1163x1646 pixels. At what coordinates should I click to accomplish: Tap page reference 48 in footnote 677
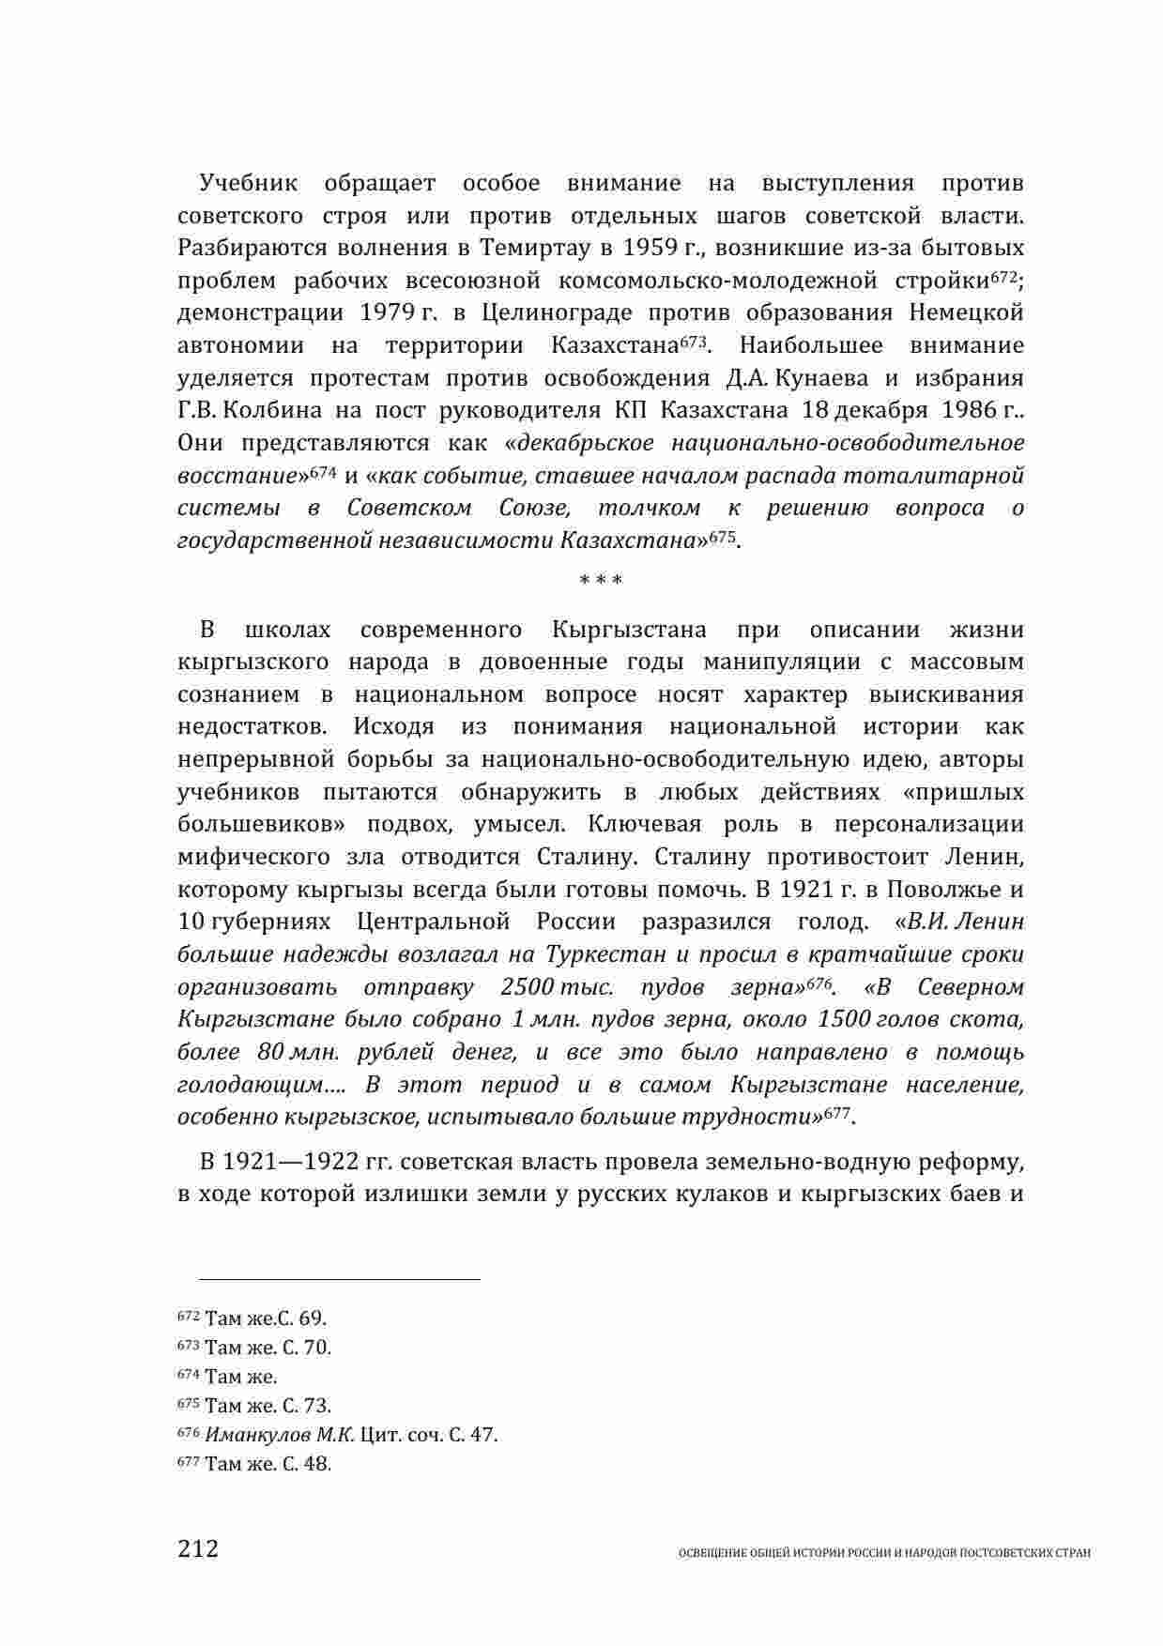point(316,1464)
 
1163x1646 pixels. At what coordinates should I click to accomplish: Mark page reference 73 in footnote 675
point(316,1406)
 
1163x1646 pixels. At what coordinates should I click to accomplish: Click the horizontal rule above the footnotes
point(329,1278)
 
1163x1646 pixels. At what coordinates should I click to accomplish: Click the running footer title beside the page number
point(884,1553)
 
